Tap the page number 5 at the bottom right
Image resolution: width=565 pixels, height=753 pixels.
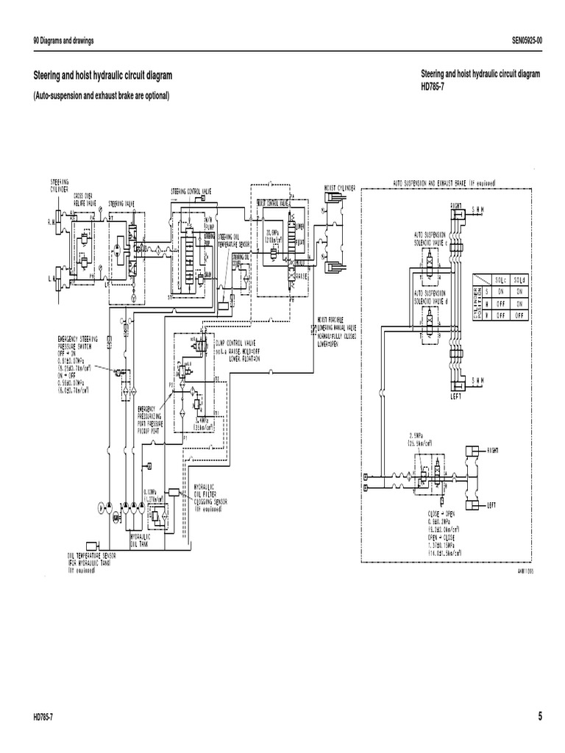(539, 717)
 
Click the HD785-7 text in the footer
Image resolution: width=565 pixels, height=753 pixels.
(44, 718)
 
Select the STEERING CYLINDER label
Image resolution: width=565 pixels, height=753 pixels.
(60, 185)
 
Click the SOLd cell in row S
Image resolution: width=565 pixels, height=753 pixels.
(520, 290)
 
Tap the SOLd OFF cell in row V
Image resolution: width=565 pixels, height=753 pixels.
(520, 314)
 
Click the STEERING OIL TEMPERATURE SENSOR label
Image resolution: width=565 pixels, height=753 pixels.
(228, 240)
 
